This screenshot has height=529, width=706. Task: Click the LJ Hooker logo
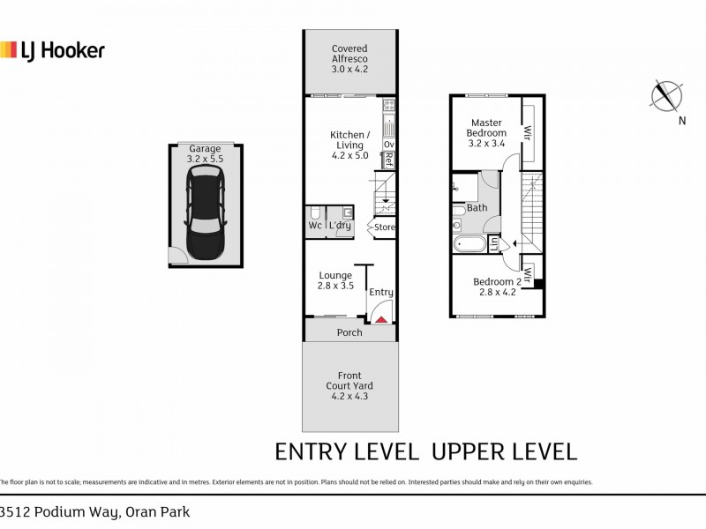pos(52,50)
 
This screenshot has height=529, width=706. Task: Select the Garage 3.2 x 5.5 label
pos(205,155)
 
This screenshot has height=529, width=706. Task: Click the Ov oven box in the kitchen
pos(388,144)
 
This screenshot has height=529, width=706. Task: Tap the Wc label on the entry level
pos(314,226)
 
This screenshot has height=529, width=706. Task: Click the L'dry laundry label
pos(340,226)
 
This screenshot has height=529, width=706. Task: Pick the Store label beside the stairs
pos(384,227)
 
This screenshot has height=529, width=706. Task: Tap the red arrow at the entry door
pos(382,320)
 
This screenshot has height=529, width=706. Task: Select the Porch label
pos(349,332)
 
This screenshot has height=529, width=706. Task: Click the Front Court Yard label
pos(350,385)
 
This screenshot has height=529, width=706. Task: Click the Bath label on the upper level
pos(477,208)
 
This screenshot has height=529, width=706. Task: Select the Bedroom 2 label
pos(497,287)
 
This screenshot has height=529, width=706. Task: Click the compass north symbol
pos(667,96)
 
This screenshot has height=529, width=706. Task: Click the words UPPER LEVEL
pos(504,453)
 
